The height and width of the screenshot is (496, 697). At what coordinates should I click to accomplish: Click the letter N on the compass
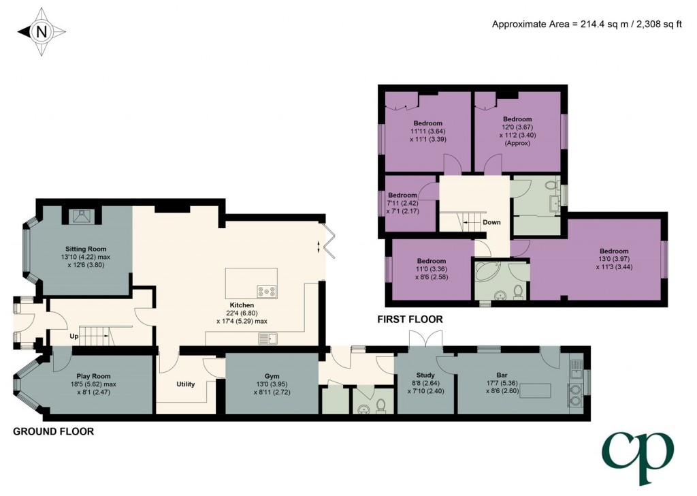42,32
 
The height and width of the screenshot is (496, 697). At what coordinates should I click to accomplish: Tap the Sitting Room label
86,249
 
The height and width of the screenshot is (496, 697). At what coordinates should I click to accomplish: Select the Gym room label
272,376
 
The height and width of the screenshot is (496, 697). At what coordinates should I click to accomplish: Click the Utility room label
185,384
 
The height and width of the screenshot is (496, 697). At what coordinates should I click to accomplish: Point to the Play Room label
93,376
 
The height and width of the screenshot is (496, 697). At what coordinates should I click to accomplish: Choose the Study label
425,375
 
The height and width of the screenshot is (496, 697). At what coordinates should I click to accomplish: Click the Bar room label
502,375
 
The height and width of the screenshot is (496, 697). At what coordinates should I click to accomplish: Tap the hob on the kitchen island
266,292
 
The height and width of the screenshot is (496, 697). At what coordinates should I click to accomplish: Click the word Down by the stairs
491,222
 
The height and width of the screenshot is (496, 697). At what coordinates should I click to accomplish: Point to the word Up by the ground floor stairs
74,337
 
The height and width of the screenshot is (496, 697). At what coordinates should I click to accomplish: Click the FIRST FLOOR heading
410,320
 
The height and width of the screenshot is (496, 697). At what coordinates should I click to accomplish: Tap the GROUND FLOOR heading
53,431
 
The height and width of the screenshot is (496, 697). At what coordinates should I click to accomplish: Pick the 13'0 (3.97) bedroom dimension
614,259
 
